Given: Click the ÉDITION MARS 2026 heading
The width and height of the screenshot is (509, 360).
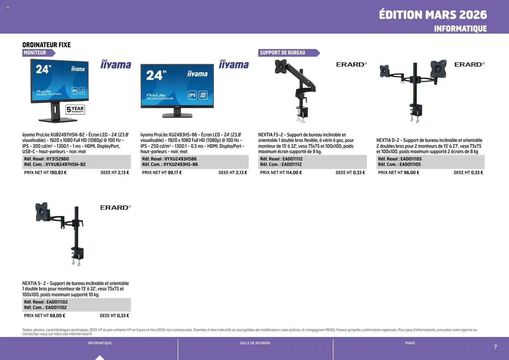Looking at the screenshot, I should click(x=432, y=15).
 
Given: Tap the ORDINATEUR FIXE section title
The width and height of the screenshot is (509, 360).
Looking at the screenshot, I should click(x=46, y=45).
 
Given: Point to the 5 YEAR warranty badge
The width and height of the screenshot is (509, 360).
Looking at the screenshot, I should click(x=75, y=109).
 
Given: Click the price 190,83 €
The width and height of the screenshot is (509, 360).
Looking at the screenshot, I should click(x=58, y=172).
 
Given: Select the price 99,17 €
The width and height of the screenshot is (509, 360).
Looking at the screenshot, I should click(x=175, y=172).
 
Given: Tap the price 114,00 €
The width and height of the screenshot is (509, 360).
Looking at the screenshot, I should click(x=294, y=172).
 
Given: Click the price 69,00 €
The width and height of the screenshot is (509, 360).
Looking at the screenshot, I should click(x=57, y=316).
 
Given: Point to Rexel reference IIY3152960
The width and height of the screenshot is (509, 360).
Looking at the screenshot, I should click(x=58, y=159).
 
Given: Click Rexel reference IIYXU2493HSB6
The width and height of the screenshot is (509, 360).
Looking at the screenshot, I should click(x=181, y=159).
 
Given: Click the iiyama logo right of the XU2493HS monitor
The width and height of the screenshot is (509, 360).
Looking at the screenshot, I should click(x=234, y=65).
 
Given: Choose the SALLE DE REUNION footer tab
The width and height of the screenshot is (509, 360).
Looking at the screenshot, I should click(x=255, y=343).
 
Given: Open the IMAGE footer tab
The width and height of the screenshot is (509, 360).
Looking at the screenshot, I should click(x=410, y=343).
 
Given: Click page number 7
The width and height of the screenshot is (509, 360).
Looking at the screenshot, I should click(x=496, y=347).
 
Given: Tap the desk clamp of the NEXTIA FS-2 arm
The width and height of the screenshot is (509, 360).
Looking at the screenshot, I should click(x=302, y=113).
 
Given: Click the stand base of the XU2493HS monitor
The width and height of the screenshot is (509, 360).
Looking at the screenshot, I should click(x=177, y=115).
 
